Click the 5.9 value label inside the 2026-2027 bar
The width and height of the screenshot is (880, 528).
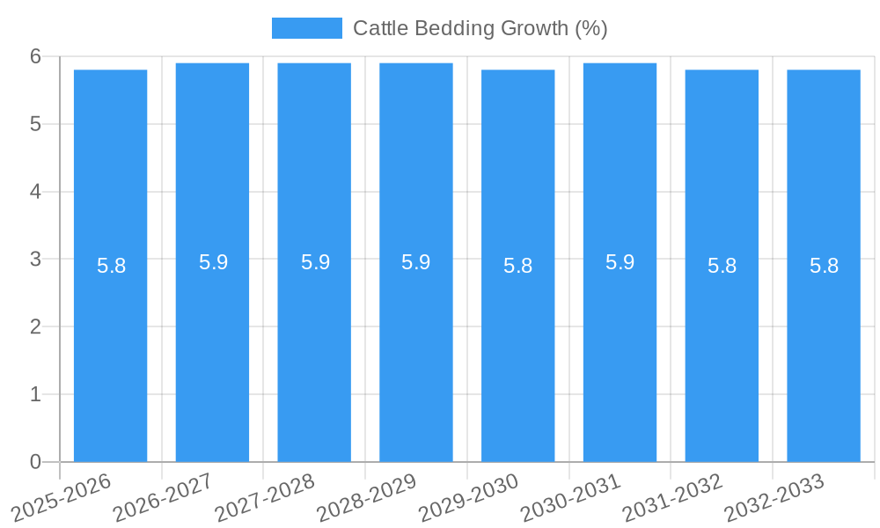coord(213,262)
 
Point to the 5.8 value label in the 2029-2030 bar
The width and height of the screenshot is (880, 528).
coord(518,266)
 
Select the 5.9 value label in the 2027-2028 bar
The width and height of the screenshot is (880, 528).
coord(315,262)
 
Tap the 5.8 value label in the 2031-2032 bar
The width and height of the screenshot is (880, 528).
coord(722,266)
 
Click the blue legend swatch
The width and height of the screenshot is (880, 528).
coord(306,28)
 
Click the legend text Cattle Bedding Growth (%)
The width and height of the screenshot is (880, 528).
coord(480,28)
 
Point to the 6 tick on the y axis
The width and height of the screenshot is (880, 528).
coord(35,56)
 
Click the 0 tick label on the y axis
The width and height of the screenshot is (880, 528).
coord(35,462)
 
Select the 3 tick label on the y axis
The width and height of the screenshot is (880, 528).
coord(35,260)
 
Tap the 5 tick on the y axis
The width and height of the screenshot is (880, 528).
coord(35,124)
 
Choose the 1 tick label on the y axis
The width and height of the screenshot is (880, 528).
coord(35,394)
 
